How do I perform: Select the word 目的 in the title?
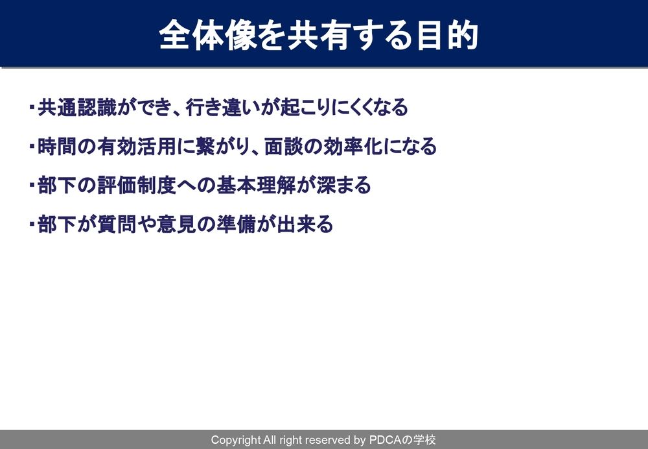point(448,35)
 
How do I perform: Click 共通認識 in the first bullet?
point(77,108)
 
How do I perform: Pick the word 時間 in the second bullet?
point(57,147)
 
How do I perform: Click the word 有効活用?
point(137,147)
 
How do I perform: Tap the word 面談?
point(284,147)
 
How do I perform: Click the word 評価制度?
point(137,185)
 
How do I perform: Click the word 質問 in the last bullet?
point(117,224)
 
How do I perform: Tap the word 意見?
point(176,224)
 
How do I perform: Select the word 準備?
point(236,224)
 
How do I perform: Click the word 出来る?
point(305,224)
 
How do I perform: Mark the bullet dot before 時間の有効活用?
point(32,146)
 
